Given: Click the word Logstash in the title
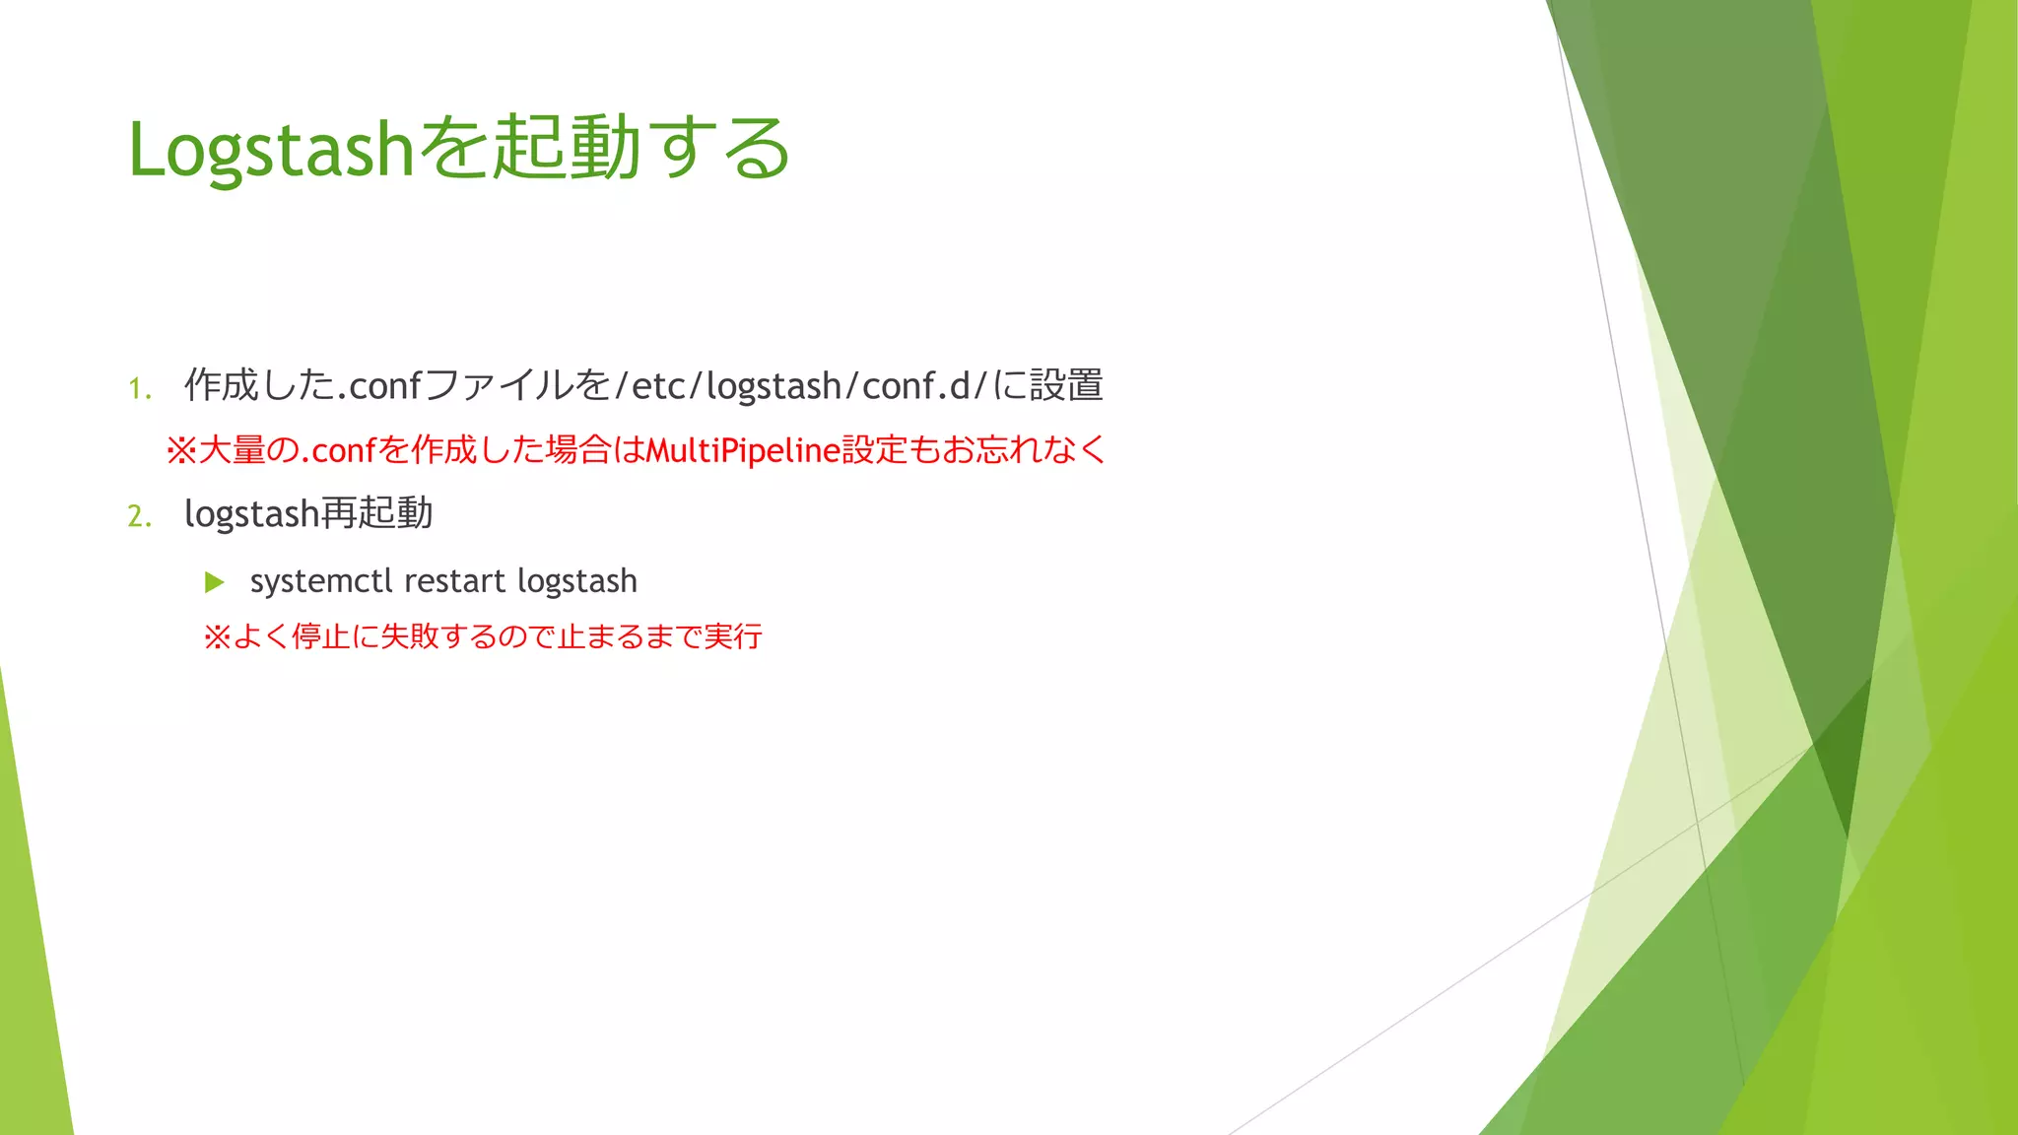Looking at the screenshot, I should coord(271,150).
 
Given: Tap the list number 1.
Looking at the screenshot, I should coord(139,389).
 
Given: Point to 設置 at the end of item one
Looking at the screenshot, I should coord(1066,385).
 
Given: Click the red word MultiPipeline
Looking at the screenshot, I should coord(743,450).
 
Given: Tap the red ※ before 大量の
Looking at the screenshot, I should coord(181,451).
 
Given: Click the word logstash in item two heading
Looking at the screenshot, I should coord(251,514).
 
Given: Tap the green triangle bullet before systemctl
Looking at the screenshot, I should coord(214,582).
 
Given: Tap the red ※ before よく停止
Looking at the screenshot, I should coord(217,637).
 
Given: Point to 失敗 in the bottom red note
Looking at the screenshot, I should coord(409,637).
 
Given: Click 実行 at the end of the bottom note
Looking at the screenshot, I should coord(733,637).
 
